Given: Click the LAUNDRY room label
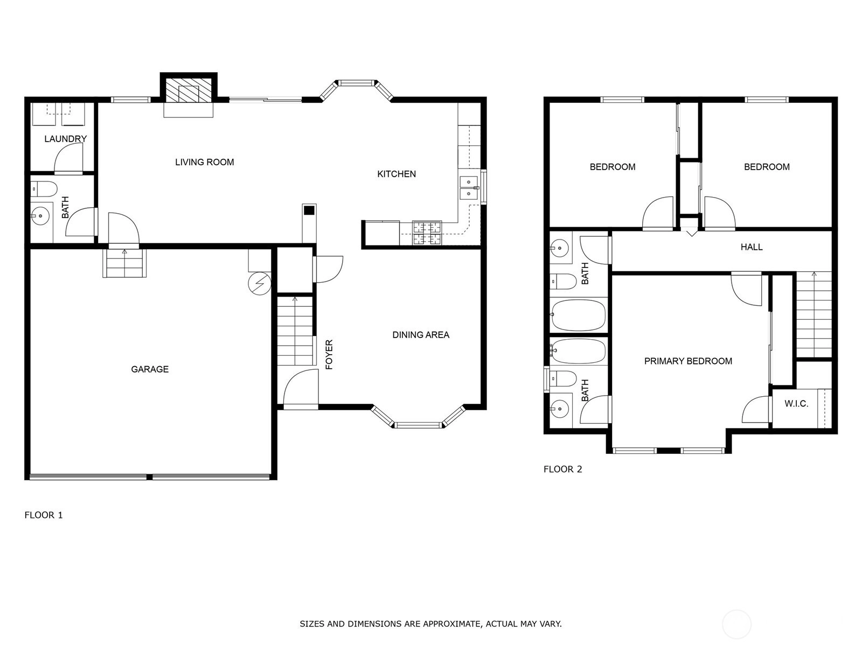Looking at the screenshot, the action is pyautogui.click(x=65, y=139).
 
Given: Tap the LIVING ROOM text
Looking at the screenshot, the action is pyautogui.click(x=204, y=162).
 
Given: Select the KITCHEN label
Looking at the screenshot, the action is pyautogui.click(x=396, y=174).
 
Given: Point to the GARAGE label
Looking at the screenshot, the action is pyautogui.click(x=150, y=369).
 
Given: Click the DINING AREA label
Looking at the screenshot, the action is pyautogui.click(x=421, y=334).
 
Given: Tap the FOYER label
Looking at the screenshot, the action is pyautogui.click(x=329, y=354).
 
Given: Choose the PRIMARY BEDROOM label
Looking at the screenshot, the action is pyautogui.click(x=688, y=361).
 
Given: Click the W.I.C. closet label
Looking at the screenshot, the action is pyautogui.click(x=796, y=404).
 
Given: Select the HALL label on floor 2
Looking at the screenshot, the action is pyautogui.click(x=751, y=247).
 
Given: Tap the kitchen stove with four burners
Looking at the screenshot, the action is pyautogui.click(x=427, y=234).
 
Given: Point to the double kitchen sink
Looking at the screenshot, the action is pyautogui.click(x=469, y=188).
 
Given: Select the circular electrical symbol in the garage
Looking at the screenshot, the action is pyautogui.click(x=260, y=283).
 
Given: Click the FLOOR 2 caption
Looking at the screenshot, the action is pyautogui.click(x=562, y=469).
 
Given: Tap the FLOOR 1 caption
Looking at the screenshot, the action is pyautogui.click(x=44, y=515).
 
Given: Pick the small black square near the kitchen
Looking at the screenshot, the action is pyautogui.click(x=309, y=210).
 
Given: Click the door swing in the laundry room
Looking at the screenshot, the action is pyautogui.click(x=68, y=158).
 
